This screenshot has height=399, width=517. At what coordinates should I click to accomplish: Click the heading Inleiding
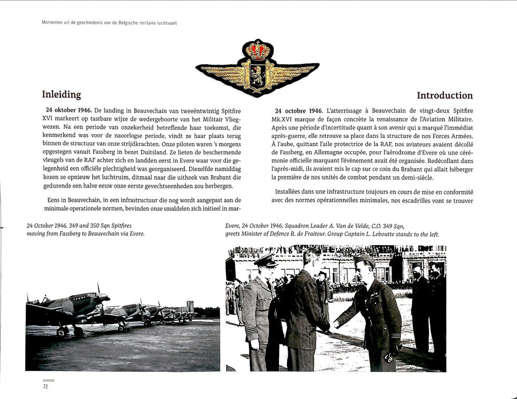(62, 95)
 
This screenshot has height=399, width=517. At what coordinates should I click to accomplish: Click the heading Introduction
(445, 95)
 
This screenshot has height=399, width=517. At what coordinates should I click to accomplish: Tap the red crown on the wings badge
(257, 50)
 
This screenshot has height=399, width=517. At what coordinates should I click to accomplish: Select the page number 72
(45, 387)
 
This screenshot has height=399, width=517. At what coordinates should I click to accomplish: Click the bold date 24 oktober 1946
(68, 109)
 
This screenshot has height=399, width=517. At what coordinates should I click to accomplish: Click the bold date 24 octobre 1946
(298, 109)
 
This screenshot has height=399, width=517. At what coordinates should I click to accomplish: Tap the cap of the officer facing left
(365, 260)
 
